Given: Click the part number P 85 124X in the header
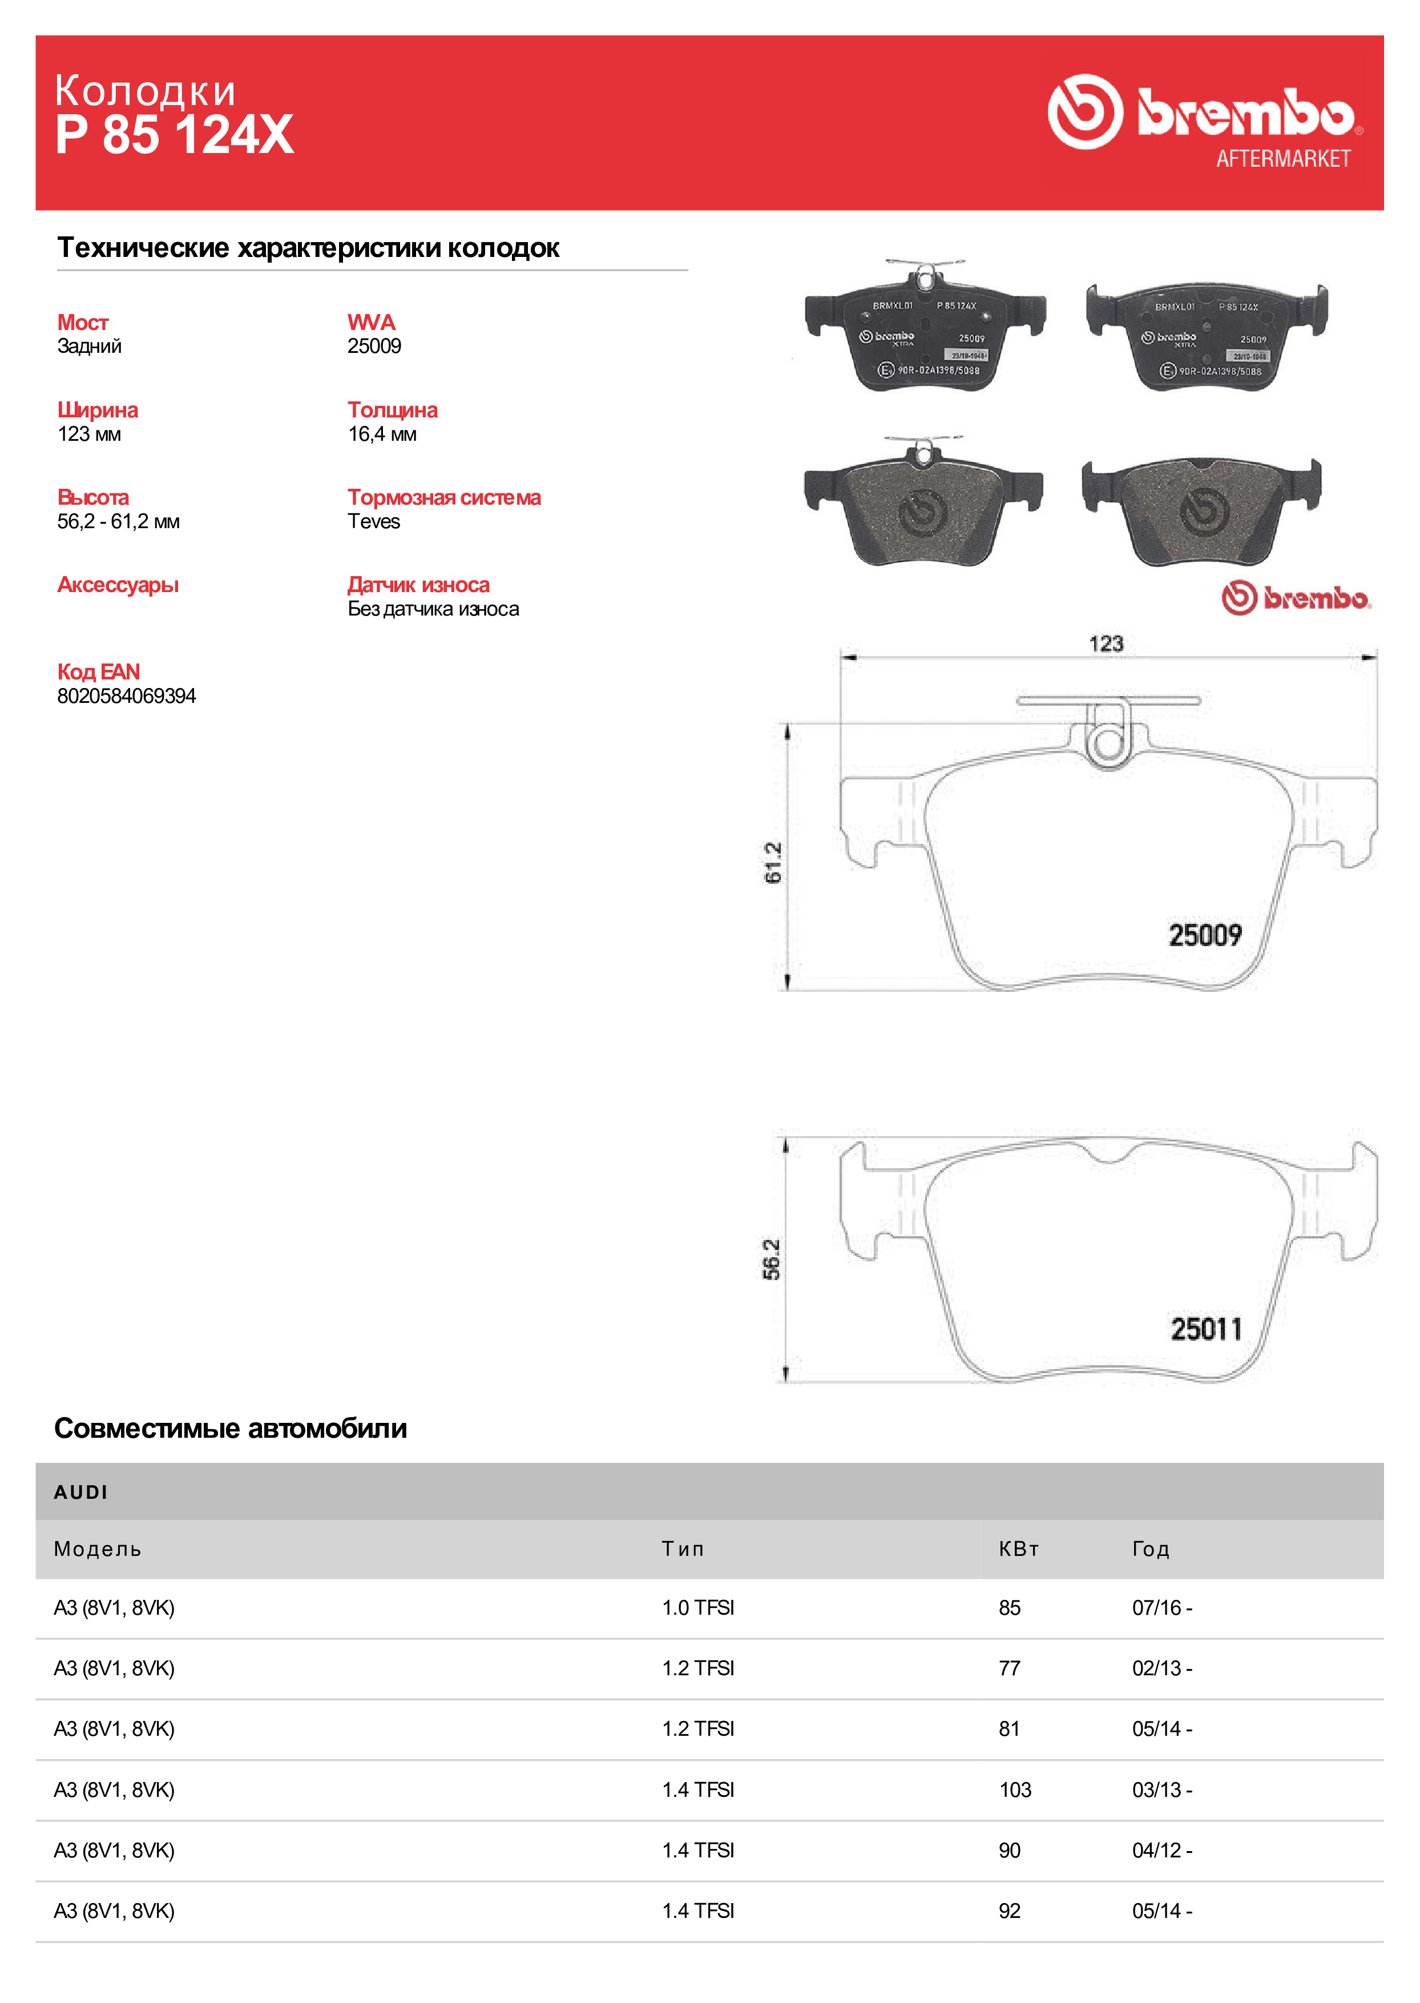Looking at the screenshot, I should pyautogui.click(x=174, y=135).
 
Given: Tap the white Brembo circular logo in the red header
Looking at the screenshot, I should pyautogui.click(x=1084, y=111).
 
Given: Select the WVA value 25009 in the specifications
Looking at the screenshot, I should pyautogui.click(x=374, y=347).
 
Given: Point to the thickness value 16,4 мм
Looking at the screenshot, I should pyautogui.click(x=382, y=434).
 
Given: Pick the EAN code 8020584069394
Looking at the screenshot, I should pyautogui.click(x=127, y=696).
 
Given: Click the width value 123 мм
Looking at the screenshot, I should pyautogui.click(x=89, y=434).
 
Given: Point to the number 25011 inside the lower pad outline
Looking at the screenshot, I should pyautogui.click(x=1206, y=1329).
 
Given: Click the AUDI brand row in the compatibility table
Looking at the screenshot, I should pyautogui.click(x=81, y=1492).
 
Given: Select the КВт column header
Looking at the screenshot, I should pyautogui.click(x=1019, y=1549).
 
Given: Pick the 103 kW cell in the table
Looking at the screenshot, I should pyautogui.click(x=1015, y=1789).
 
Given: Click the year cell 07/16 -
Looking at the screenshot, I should pyautogui.click(x=1161, y=1608).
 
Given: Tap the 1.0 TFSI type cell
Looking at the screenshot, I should pyautogui.click(x=698, y=1608).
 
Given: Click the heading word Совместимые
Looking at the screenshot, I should pyautogui.click(x=147, y=1429).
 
